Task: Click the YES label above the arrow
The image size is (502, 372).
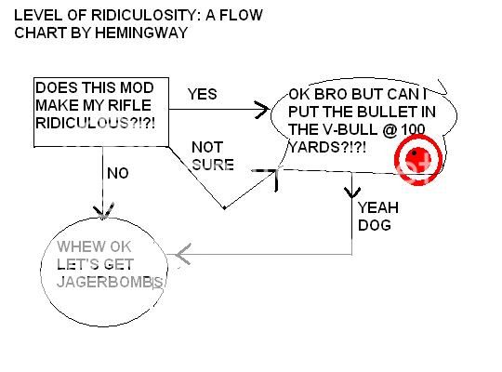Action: tap(203, 94)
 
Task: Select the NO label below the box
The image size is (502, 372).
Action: tap(117, 172)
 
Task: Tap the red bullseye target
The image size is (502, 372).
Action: tap(415, 159)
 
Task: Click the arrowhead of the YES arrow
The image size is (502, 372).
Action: tap(264, 110)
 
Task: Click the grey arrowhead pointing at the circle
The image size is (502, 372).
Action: tap(184, 253)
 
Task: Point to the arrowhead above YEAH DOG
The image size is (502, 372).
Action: tap(353, 193)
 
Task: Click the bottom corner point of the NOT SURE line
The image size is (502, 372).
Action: tap(224, 208)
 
